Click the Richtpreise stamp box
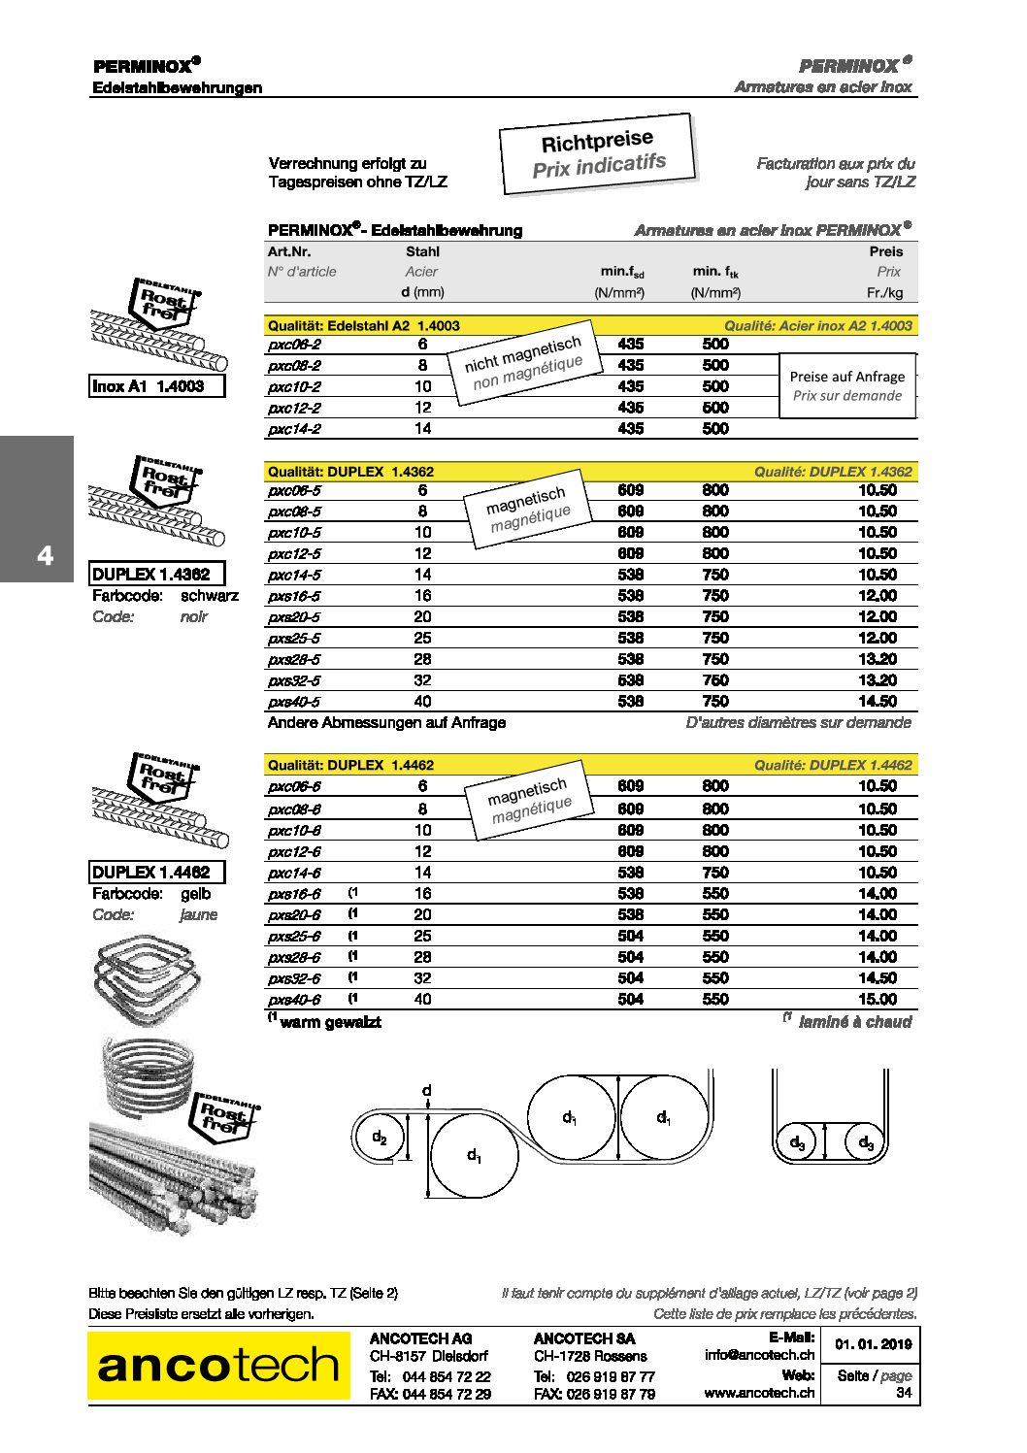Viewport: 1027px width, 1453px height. [598, 153]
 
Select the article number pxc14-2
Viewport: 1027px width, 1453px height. [294, 429]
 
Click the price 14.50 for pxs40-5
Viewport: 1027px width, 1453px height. [877, 702]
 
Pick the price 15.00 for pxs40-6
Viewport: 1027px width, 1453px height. [877, 1000]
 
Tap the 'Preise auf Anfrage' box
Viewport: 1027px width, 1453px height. [847, 385]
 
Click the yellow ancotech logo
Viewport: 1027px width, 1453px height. [218, 1366]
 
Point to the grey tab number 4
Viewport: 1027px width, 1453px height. [45, 556]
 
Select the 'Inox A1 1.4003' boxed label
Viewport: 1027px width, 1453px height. [156, 386]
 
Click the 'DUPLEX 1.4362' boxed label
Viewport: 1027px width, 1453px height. [156, 574]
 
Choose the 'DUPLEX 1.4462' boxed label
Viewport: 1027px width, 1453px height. [156, 872]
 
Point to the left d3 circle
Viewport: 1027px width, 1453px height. [797, 1142]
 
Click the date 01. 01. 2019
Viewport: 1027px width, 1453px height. [873, 1344]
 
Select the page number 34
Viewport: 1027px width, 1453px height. [903, 1393]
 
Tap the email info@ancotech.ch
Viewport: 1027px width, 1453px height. [759, 1355]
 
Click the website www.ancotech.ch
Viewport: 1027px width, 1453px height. [759, 1393]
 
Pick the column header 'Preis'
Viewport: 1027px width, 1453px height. [885, 251]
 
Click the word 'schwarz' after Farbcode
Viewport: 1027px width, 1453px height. [209, 596]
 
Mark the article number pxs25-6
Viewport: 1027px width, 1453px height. [294, 937]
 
